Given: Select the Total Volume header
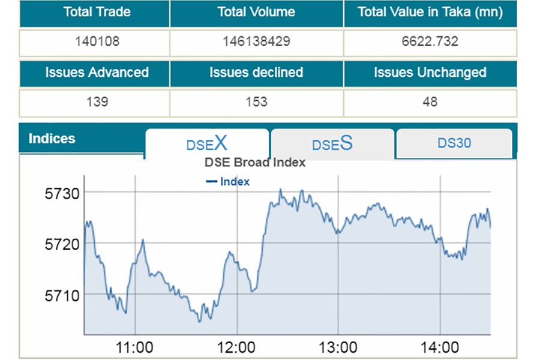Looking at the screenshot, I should (256, 12).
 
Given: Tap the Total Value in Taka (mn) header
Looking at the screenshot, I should (430, 12).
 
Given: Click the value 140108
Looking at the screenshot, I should (97, 41).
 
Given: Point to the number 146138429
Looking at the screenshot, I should (256, 41).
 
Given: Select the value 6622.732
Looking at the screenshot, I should (430, 41).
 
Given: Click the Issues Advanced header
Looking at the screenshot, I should (97, 73).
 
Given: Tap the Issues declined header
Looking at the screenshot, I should (256, 73).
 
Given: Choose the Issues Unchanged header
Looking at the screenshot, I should (430, 73).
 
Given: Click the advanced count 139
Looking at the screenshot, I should (97, 102).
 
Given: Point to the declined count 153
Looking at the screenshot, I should (256, 102).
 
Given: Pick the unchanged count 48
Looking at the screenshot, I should (430, 102).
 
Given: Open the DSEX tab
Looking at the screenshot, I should (207, 143).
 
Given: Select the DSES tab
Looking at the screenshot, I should (332, 144).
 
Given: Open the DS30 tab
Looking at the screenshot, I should (454, 143).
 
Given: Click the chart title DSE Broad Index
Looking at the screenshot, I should (255, 162).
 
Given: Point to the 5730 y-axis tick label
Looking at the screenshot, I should (62, 193).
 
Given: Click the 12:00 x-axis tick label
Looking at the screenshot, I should (238, 347).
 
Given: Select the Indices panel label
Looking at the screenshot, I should (52, 139).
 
